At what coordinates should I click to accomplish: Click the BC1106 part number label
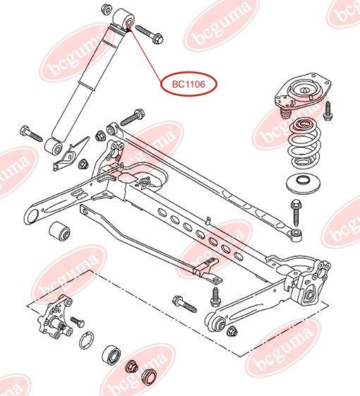point(189,84)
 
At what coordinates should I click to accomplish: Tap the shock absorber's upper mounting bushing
point(124,18)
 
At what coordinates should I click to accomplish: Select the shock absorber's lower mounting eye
point(54,146)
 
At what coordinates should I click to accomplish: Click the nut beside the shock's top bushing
point(107,9)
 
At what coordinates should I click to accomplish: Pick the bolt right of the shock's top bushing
point(150,34)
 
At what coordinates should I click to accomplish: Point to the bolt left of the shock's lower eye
point(31,133)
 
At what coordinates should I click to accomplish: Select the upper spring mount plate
point(303,94)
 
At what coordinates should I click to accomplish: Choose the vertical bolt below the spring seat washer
point(296,212)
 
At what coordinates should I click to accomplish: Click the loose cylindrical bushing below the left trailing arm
point(59,230)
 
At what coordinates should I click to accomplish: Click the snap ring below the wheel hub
point(87,340)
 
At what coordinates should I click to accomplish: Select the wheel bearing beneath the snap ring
point(111,355)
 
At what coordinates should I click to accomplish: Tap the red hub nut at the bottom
point(131,366)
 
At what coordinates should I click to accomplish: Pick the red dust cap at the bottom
point(148,378)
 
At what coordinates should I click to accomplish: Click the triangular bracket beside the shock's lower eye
point(71,154)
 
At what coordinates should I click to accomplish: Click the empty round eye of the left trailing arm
point(32,217)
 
